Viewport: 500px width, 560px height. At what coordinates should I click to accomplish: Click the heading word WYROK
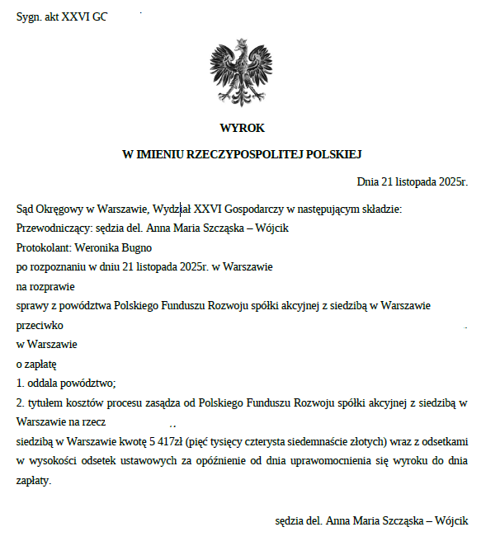[242, 128]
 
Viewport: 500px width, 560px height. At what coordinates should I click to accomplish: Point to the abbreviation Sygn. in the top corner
[30, 16]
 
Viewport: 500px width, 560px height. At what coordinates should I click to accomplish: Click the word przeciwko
[40, 325]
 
